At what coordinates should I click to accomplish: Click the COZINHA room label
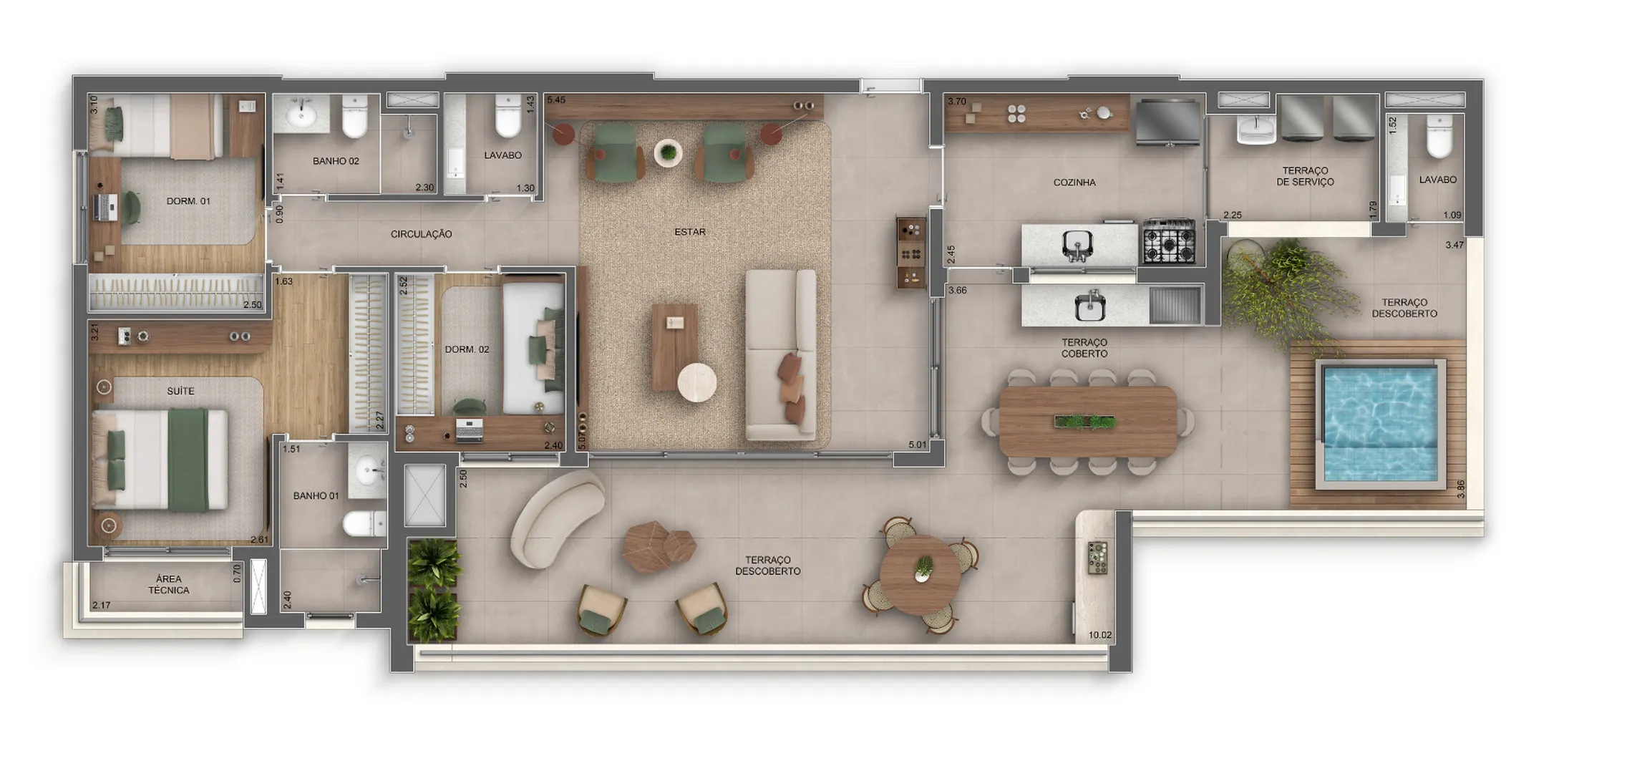coord(1074,183)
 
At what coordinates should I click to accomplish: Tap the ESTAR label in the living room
coord(690,232)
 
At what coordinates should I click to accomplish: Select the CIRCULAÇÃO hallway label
coord(421,234)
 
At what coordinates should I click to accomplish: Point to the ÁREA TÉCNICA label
coord(169,584)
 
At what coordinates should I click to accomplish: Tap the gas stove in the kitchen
coord(1168,242)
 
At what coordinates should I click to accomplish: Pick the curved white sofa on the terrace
coord(555,520)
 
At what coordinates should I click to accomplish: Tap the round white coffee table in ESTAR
coord(697,383)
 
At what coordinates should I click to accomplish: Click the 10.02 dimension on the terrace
coord(1099,635)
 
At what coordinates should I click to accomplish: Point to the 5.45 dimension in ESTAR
coord(556,100)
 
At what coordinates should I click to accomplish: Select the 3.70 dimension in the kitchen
coord(957,102)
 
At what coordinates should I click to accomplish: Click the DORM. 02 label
coord(467,349)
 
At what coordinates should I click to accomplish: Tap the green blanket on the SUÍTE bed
coord(188,459)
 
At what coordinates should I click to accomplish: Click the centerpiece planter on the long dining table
coord(1085,422)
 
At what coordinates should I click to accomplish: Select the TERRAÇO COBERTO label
coord(1084,348)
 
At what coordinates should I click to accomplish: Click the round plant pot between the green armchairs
coord(668,152)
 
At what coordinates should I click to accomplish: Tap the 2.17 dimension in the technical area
coord(101,605)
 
